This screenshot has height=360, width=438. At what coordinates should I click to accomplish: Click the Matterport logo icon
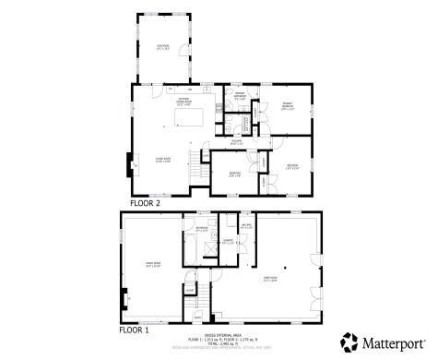349,341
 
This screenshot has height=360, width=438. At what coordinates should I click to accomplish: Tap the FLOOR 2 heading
144,201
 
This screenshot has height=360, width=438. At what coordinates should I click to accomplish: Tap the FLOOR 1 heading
135,329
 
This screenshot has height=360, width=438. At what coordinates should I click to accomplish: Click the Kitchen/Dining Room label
183,103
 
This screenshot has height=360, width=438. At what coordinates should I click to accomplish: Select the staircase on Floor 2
195,175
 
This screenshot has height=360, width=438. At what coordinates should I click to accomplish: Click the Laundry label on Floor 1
227,241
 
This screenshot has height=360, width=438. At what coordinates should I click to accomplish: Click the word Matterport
392,341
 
